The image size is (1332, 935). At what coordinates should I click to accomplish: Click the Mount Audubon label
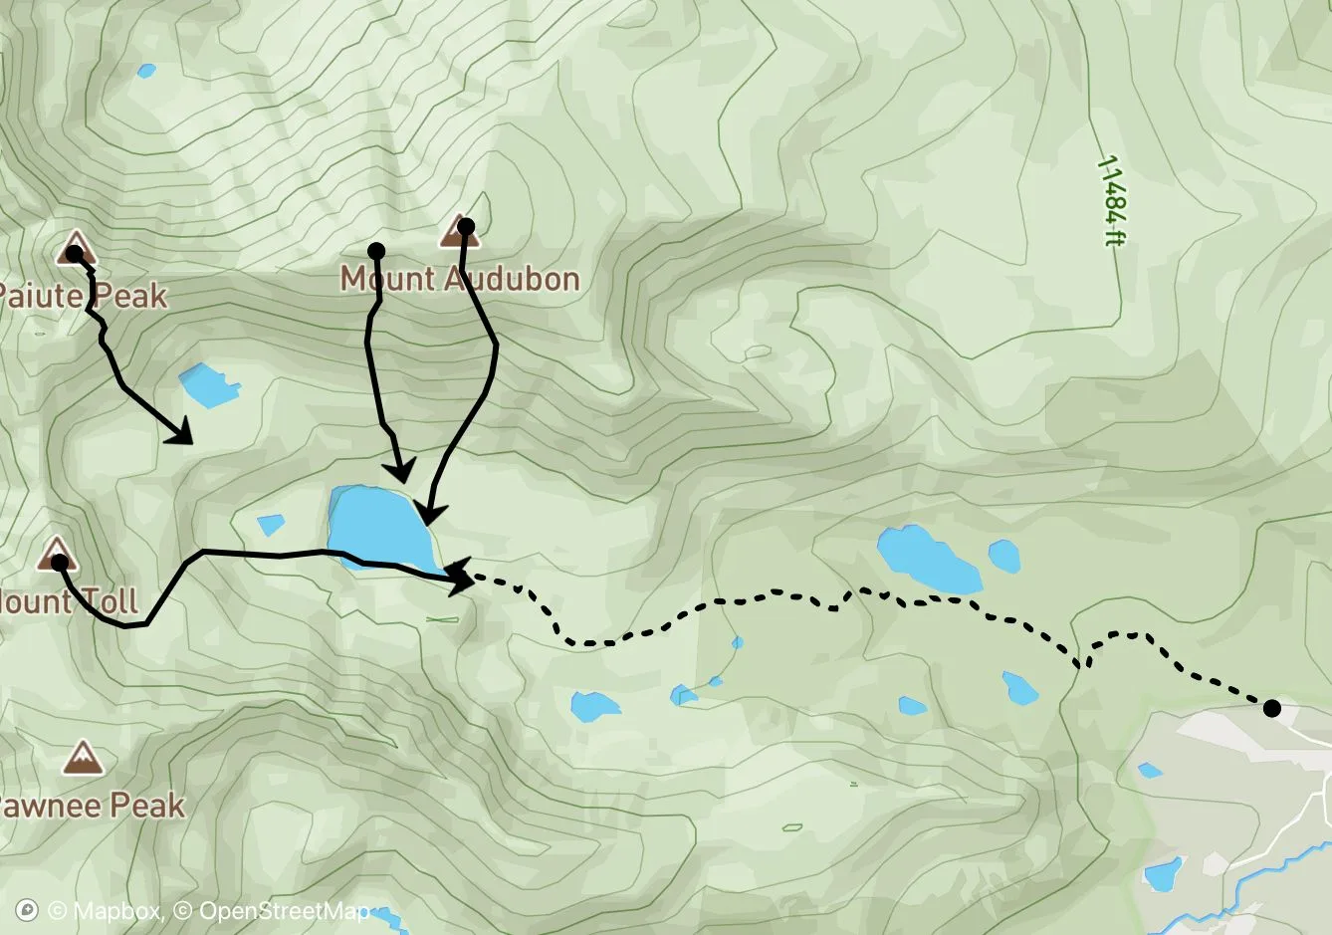tap(460, 278)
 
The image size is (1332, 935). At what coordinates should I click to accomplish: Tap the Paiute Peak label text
tap(82, 296)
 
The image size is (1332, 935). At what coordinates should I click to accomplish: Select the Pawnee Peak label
tap(92, 805)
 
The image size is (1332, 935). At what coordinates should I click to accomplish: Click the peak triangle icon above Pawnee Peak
tap(82, 758)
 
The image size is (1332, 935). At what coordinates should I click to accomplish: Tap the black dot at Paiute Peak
tap(74, 253)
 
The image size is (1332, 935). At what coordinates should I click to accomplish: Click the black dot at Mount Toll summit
tap(59, 563)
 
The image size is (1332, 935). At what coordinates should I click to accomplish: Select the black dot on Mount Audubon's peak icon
tap(465, 227)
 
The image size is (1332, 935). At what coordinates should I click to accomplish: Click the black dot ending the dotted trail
tap(1271, 708)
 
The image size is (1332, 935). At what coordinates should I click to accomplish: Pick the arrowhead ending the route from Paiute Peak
tap(182, 434)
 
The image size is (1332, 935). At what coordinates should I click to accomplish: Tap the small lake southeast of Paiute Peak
tap(207, 385)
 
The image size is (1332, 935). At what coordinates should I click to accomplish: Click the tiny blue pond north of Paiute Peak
tap(147, 71)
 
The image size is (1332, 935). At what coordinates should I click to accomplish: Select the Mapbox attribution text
tap(104, 910)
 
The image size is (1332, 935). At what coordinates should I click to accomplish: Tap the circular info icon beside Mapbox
tap(28, 910)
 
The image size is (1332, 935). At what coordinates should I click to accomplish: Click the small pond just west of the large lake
tap(271, 524)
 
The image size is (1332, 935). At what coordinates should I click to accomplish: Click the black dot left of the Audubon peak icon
tap(376, 249)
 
